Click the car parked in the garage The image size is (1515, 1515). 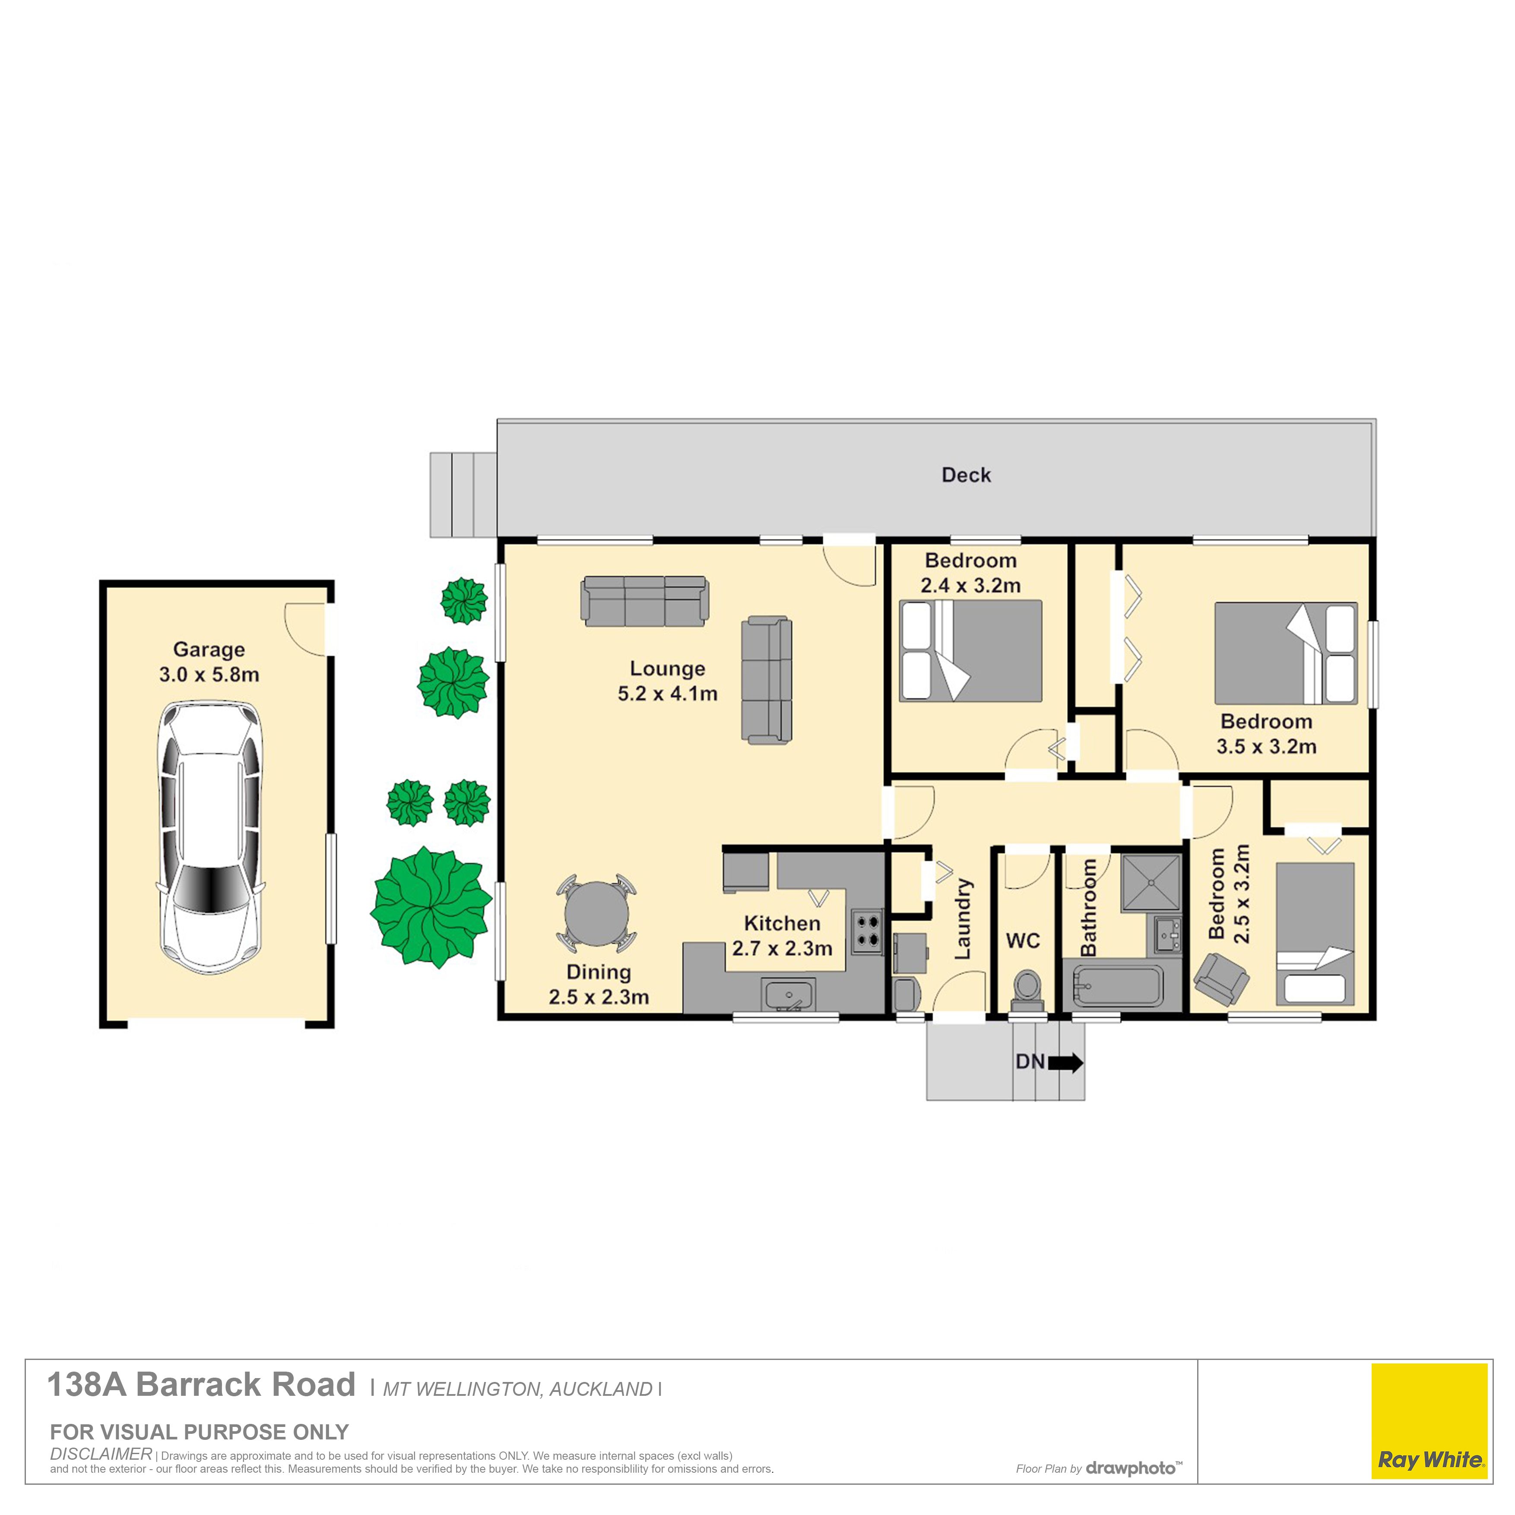pyautogui.click(x=210, y=837)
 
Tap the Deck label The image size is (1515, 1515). pyautogui.click(x=966, y=475)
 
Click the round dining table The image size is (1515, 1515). pyautogui.click(x=597, y=913)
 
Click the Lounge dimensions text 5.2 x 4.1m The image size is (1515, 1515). pyautogui.click(x=667, y=693)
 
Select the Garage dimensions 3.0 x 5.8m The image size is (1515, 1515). pyautogui.click(x=209, y=675)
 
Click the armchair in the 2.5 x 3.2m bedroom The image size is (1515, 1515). pyautogui.click(x=1221, y=979)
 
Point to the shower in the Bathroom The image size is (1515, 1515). pyautogui.click(x=1151, y=883)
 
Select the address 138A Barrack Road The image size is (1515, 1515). pyautogui.click(x=202, y=1385)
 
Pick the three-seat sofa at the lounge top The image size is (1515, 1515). pyautogui.click(x=645, y=602)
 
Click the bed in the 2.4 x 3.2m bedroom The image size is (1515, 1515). pyautogui.click(x=971, y=651)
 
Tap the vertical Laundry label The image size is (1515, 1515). pyautogui.click(x=963, y=919)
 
